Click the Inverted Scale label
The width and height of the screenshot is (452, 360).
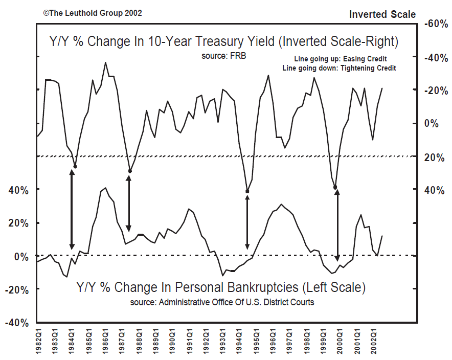[x=382, y=14]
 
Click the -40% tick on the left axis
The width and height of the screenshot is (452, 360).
[x=17, y=323]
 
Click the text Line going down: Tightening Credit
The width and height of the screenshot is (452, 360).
[x=340, y=68]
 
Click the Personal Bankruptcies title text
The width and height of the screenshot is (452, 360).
[x=221, y=287]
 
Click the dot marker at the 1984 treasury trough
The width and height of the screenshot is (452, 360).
[x=75, y=167]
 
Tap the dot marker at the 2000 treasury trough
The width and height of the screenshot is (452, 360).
[x=335, y=188]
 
